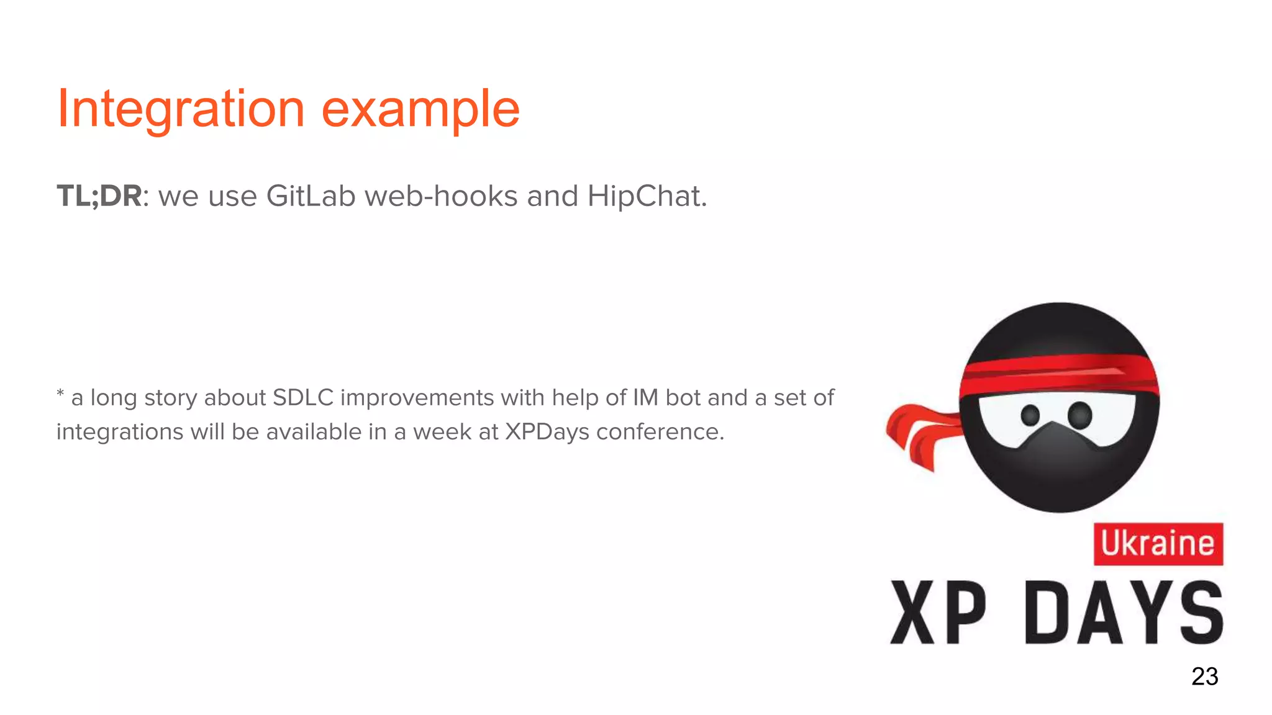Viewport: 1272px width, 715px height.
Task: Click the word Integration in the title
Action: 181,109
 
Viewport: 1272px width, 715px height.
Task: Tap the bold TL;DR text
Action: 99,196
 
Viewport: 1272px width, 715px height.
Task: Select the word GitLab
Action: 311,196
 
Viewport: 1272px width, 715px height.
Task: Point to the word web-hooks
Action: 441,196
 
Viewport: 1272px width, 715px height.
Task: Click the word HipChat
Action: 646,196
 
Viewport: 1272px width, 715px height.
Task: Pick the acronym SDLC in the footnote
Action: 303,398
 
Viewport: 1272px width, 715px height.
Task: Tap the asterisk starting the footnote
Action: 60,393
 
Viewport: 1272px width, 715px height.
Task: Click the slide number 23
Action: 1204,677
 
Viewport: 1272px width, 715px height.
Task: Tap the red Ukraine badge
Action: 1158,544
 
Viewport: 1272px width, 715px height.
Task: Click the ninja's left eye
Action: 1030,415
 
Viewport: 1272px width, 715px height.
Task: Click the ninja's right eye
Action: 1079,414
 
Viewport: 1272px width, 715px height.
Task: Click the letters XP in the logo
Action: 938,613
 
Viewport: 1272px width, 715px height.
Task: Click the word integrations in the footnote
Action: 119,432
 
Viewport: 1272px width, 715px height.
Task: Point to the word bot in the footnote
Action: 683,398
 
